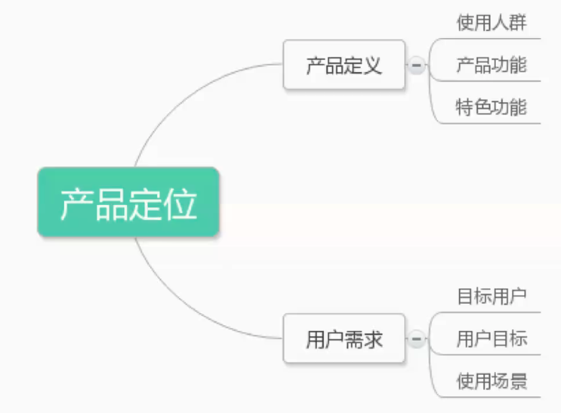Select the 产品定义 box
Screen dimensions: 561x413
344,65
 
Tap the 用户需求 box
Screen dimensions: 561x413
344,338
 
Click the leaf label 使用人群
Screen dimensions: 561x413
491,22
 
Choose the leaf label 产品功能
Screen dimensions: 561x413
491,65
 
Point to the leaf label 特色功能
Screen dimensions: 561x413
491,108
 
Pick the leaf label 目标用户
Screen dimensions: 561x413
491,296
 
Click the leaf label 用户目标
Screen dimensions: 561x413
491,338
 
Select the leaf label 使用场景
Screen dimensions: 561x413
491,381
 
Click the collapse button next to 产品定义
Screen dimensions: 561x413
416,65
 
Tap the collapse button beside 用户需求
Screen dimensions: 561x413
416,338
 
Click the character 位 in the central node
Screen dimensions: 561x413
180,204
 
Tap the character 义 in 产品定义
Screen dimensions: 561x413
373,66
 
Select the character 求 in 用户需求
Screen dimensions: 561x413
373,339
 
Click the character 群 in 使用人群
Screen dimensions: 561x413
518,22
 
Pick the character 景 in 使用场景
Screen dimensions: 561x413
518,381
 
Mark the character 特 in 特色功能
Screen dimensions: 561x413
465,108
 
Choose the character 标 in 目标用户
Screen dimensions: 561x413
483,296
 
